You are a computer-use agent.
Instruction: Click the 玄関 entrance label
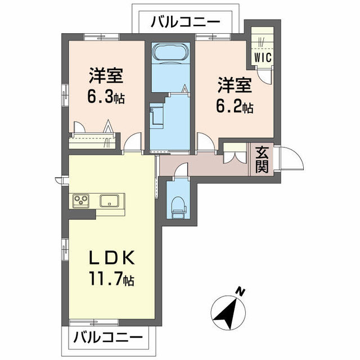[262, 159]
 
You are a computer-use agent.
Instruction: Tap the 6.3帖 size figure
[106, 97]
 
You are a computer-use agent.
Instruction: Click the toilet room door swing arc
[182, 168]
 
